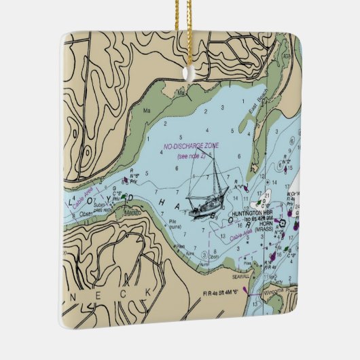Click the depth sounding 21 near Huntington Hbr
(267, 195)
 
